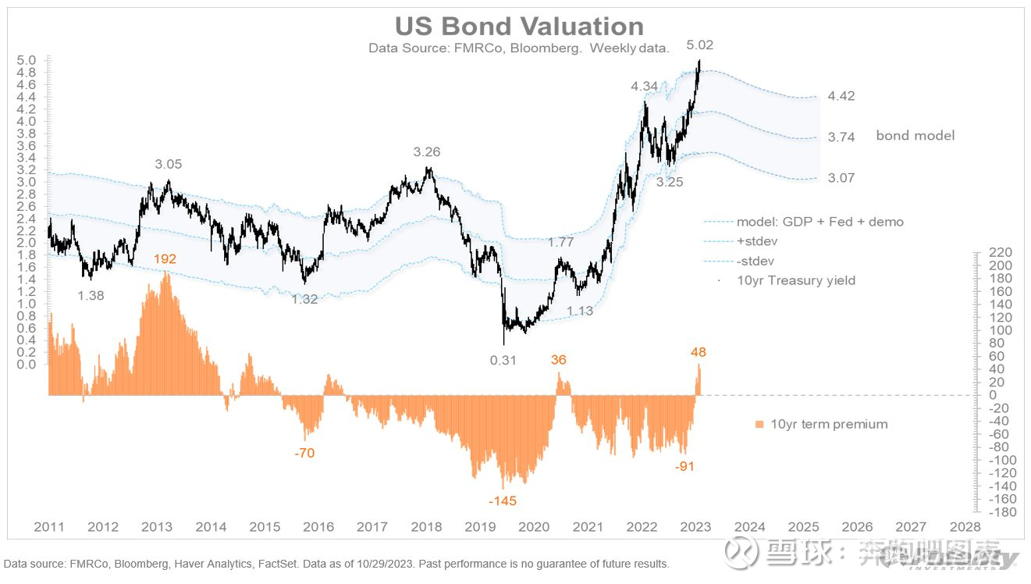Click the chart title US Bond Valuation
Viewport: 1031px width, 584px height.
[x=519, y=26]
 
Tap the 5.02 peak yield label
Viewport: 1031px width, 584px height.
[x=699, y=45]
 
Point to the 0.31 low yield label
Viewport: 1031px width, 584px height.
[x=503, y=360]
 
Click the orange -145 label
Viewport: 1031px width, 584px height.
[x=502, y=500]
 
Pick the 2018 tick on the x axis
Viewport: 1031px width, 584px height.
[x=426, y=527]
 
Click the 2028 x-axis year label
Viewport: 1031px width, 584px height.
[x=965, y=527]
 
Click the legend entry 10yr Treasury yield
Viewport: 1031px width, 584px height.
[x=795, y=280]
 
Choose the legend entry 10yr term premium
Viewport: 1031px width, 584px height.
[x=828, y=425]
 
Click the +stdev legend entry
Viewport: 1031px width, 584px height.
[x=756, y=241]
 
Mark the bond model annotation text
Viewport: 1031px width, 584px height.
[x=915, y=136]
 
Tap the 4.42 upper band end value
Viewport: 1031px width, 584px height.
[x=841, y=96]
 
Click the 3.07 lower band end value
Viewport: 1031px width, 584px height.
[x=841, y=178]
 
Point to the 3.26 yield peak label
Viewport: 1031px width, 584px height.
[x=428, y=152]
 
